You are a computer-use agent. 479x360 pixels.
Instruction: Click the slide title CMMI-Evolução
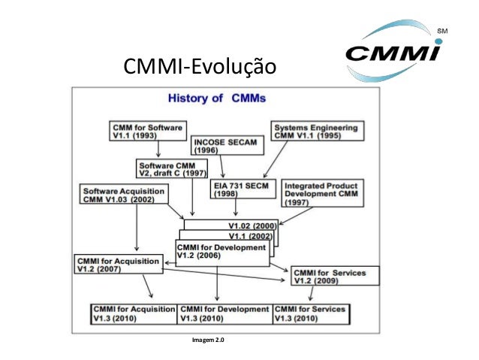tap(195, 69)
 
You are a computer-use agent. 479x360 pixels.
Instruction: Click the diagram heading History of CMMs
tap(216, 98)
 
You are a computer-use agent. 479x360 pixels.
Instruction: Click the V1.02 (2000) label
tap(252, 225)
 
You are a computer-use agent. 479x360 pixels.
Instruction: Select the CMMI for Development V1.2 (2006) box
tap(221, 252)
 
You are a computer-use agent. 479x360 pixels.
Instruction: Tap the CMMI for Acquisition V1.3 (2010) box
tap(132, 313)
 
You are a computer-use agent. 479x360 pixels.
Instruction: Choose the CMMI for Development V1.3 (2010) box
tap(224, 313)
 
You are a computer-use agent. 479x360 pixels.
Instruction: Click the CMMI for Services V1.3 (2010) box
tap(312, 313)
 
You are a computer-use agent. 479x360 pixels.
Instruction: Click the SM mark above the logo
tap(442, 31)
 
